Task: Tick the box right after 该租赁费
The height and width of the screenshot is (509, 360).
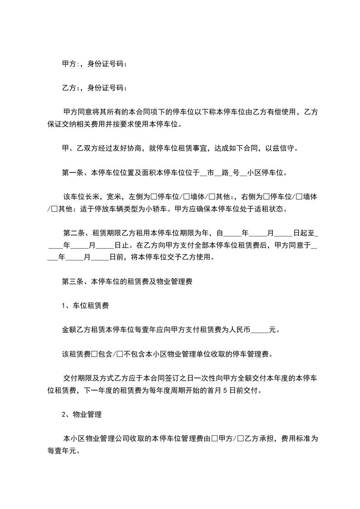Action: point(94,354)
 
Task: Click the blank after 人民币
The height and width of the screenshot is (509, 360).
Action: point(260,330)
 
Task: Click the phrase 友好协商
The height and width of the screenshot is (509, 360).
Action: point(129,148)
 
